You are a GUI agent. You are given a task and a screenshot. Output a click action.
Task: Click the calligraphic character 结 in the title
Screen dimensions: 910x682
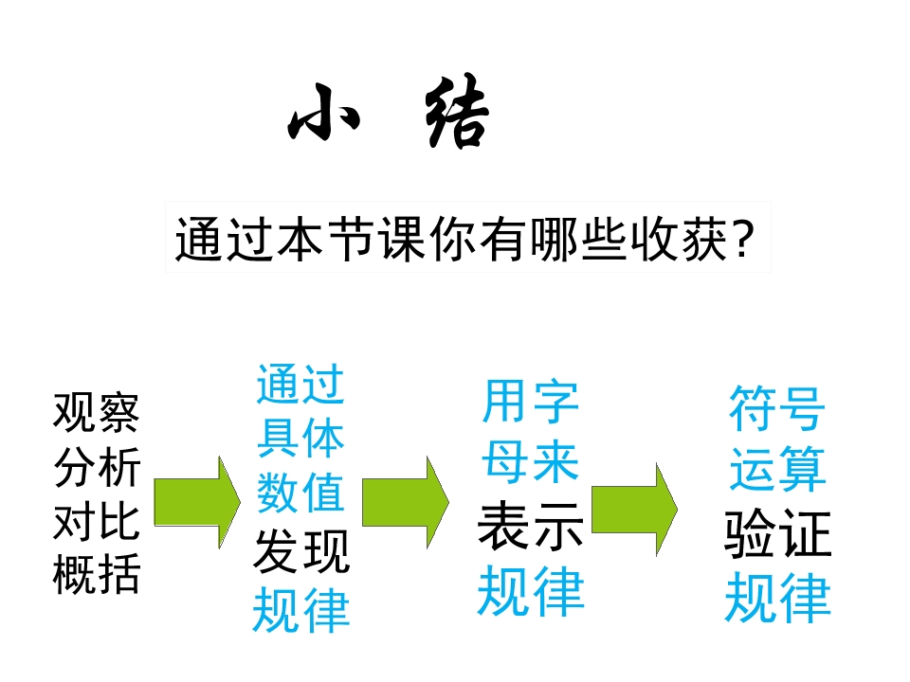[x=457, y=112]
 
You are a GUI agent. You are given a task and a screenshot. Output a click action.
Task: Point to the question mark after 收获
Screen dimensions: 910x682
[x=743, y=239]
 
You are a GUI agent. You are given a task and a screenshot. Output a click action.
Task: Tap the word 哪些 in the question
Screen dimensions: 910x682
[x=578, y=239]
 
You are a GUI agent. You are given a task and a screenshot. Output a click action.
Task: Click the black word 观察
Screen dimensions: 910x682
[x=97, y=412]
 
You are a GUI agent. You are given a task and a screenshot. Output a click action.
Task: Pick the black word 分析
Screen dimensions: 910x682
[x=97, y=467]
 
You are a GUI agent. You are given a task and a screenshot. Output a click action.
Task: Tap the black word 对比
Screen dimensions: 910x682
[x=97, y=521]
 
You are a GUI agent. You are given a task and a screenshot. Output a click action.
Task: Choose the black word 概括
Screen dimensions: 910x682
[x=97, y=574]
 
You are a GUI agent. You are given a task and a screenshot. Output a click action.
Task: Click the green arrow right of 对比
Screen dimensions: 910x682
[x=197, y=502]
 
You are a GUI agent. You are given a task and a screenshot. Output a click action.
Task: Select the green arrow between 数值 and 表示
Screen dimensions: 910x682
[x=406, y=502]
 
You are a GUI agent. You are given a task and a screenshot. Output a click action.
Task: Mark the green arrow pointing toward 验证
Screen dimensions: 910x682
[x=634, y=510]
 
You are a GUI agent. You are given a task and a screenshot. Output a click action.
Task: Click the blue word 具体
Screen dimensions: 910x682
[x=300, y=438]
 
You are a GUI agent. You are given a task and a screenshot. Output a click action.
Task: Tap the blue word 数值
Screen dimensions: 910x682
[x=300, y=492]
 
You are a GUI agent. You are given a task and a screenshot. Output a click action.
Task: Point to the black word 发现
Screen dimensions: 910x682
[x=301, y=551]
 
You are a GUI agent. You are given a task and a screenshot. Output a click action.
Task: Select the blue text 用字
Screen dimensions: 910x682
[x=530, y=402]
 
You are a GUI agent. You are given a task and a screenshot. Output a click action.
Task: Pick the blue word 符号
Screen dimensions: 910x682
[x=777, y=408]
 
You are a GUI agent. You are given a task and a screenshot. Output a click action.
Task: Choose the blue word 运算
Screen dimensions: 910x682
[x=777, y=469]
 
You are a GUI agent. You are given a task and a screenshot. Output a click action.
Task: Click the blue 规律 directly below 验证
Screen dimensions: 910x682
[x=777, y=598]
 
